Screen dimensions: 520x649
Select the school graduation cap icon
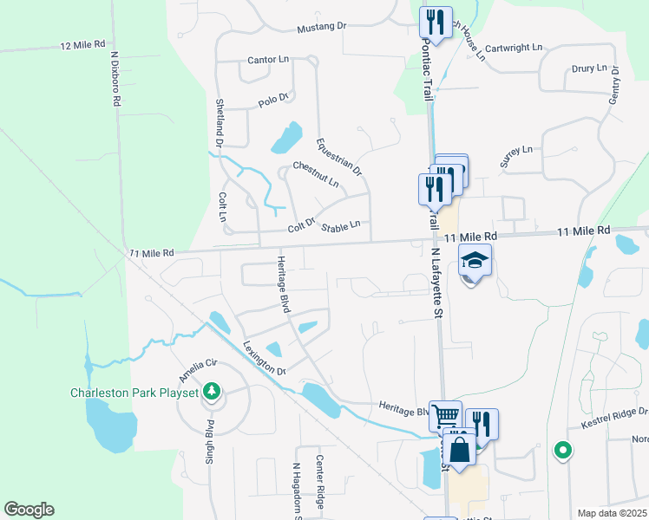[x=475, y=260]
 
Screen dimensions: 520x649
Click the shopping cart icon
[x=445, y=416]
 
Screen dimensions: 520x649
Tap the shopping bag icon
[x=461, y=449]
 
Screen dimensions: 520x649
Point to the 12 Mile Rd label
[x=82, y=43]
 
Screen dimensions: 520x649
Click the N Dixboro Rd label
[x=115, y=78]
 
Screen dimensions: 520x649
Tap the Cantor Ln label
[x=268, y=60]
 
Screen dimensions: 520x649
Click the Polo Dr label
[x=272, y=101]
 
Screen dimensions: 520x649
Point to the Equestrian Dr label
[x=339, y=157]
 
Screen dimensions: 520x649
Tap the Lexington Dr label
[x=265, y=358]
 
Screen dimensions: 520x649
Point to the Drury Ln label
[x=589, y=68]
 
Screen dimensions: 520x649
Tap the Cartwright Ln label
[x=514, y=49]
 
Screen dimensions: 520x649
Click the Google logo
[x=29, y=510]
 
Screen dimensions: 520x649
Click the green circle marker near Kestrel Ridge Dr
[x=562, y=450]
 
